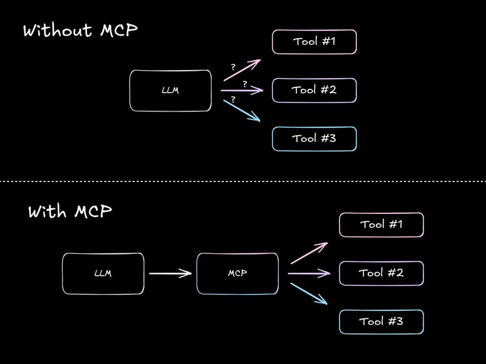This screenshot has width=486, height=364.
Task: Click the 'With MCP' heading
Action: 70,211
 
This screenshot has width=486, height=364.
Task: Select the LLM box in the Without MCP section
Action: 170,91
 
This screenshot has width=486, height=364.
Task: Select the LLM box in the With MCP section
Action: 103,273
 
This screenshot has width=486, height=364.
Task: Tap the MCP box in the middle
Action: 237,273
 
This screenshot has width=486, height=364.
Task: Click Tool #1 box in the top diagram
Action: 314,42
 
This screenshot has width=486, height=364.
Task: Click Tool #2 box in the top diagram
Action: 314,90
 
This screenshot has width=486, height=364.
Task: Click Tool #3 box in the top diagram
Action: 314,139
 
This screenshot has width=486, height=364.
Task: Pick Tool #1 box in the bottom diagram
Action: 381,225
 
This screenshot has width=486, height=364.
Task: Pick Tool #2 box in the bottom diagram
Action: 381,273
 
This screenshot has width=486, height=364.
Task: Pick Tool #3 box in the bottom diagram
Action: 381,321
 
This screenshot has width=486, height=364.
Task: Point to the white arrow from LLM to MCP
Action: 170,273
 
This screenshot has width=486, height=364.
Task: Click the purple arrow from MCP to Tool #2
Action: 309,273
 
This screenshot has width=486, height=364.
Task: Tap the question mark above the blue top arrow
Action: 233,99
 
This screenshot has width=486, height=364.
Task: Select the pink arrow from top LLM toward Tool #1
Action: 242,71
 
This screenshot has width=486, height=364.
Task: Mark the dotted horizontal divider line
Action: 243,182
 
